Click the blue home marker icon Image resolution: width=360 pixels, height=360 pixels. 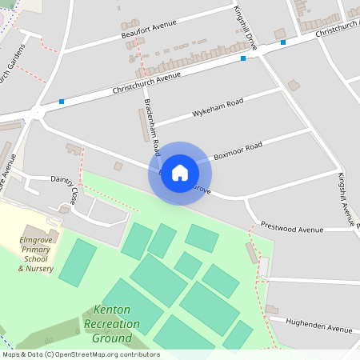tap(180, 173)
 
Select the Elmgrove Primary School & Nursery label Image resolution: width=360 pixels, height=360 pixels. tap(37, 254)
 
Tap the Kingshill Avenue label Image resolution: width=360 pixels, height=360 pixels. tap(348, 196)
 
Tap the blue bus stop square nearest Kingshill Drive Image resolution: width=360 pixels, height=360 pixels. tap(242, 58)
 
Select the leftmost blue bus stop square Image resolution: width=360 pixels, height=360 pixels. tap(61, 102)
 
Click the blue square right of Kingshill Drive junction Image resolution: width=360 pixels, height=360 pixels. tap(283, 42)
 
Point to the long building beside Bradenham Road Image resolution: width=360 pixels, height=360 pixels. tap(144, 126)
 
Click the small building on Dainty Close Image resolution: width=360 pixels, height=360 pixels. tap(118, 166)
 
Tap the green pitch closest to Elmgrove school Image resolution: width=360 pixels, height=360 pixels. tap(77, 262)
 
